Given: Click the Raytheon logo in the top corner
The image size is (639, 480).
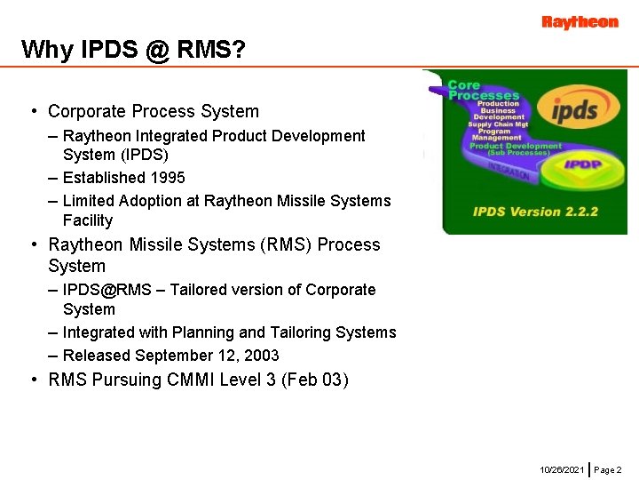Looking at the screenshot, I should click(580, 22).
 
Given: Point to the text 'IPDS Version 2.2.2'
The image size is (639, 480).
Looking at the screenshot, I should click(523, 212).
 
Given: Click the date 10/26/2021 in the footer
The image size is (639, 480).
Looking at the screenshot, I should click(562, 468).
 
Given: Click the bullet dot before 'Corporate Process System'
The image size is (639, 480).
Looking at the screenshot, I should click(32, 111).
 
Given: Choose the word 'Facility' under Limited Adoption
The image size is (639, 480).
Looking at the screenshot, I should click(88, 220).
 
